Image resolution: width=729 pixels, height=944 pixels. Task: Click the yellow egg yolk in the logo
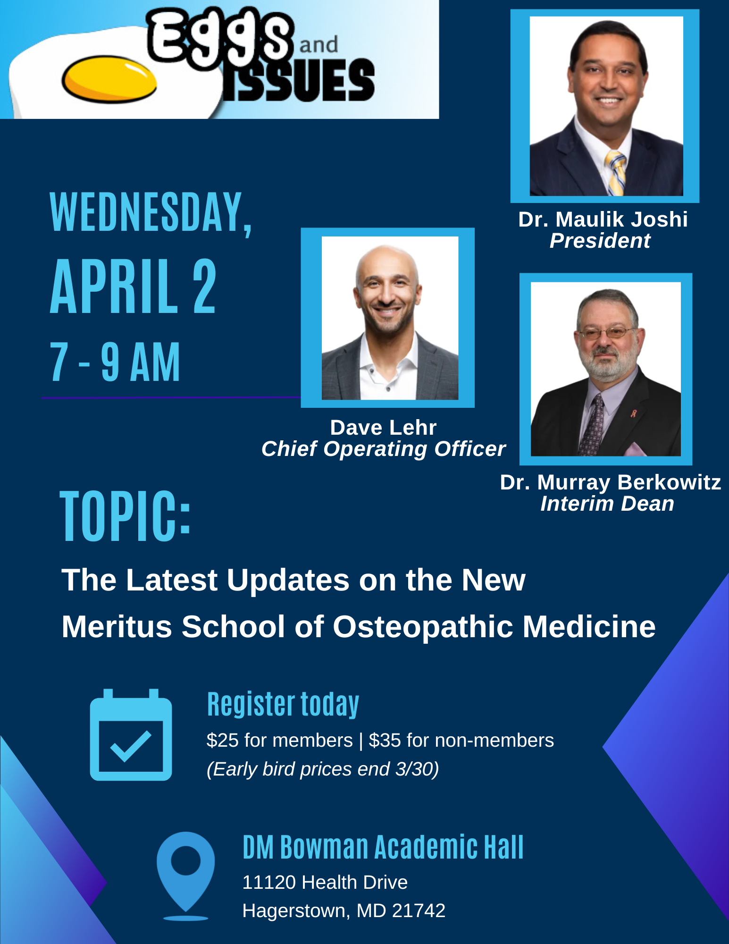tap(109, 79)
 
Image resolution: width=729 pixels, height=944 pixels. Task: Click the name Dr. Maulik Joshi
tap(603, 219)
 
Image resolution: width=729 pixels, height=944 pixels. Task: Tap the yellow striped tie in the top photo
tap(616, 173)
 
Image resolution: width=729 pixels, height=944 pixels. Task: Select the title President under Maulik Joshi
tap(600, 241)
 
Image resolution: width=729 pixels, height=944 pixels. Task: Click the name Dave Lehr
tap(383, 428)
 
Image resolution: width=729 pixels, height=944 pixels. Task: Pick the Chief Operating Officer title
tap(383, 449)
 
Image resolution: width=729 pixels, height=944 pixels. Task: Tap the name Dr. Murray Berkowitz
tap(610, 482)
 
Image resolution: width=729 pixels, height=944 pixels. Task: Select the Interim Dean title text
tap(607, 504)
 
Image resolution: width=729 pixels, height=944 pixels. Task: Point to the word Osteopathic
tap(423, 627)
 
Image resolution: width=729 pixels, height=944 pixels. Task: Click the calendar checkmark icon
tap(131, 735)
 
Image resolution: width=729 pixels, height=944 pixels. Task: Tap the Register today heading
tap(283, 704)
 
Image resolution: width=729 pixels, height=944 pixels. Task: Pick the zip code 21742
tap(419, 911)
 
